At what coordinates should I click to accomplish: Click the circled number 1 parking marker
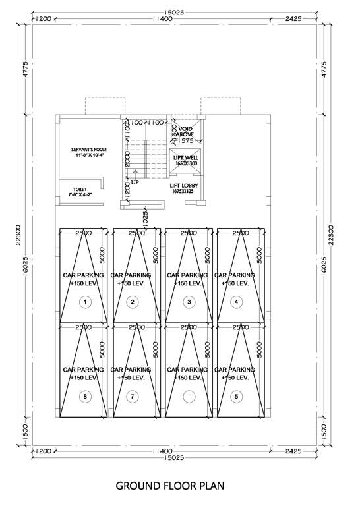coord(84,302)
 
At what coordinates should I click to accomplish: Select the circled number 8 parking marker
coord(84,396)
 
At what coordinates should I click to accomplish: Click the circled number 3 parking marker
coord(189,302)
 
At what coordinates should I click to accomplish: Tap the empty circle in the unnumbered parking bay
coord(189,396)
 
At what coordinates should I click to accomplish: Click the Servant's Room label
coord(89,153)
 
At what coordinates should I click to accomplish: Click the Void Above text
coord(185,131)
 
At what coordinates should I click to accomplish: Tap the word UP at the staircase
coord(135,182)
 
